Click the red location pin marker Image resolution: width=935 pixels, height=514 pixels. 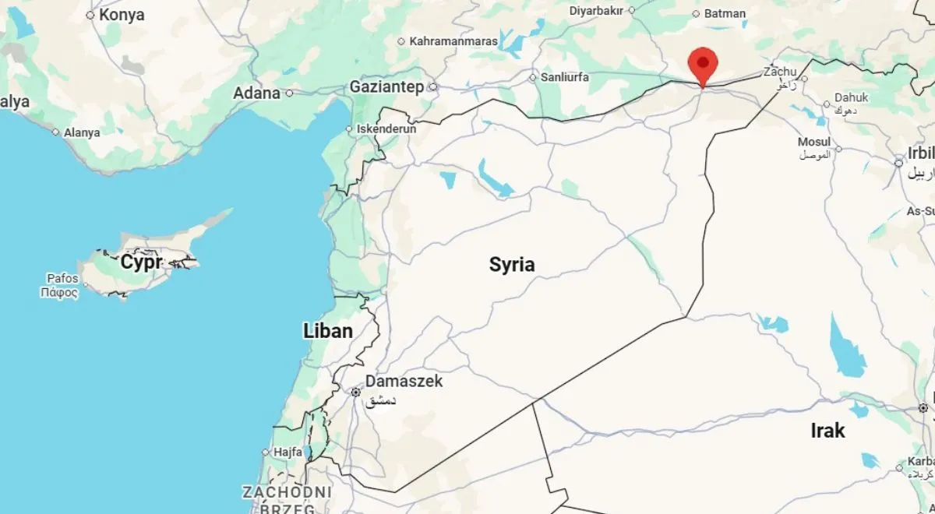[x=703, y=64]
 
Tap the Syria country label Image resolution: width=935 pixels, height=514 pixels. [x=512, y=265]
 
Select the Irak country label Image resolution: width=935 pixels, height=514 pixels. [x=827, y=431]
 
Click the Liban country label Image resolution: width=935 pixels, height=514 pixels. [x=327, y=331]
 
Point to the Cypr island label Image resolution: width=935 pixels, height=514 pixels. [x=141, y=262]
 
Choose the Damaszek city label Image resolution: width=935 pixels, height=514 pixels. [x=404, y=382]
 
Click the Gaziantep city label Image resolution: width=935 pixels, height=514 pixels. [x=386, y=86]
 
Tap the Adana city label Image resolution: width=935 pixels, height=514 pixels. [x=256, y=93]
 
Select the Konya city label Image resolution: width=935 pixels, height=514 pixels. [x=122, y=14]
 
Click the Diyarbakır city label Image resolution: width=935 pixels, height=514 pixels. [x=598, y=11]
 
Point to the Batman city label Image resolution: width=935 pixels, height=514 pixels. [x=725, y=13]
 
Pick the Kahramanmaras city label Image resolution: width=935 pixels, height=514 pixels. [x=453, y=41]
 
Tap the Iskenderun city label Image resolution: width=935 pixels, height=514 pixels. [x=386, y=128]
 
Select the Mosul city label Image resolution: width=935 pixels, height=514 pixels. [x=814, y=142]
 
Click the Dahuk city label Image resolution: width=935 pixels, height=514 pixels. [x=851, y=98]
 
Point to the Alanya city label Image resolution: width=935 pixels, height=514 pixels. [x=82, y=132]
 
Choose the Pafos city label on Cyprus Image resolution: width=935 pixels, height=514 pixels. [x=62, y=278]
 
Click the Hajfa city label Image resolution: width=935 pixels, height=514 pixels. [x=288, y=452]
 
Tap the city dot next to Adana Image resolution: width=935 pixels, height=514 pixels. [x=289, y=93]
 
